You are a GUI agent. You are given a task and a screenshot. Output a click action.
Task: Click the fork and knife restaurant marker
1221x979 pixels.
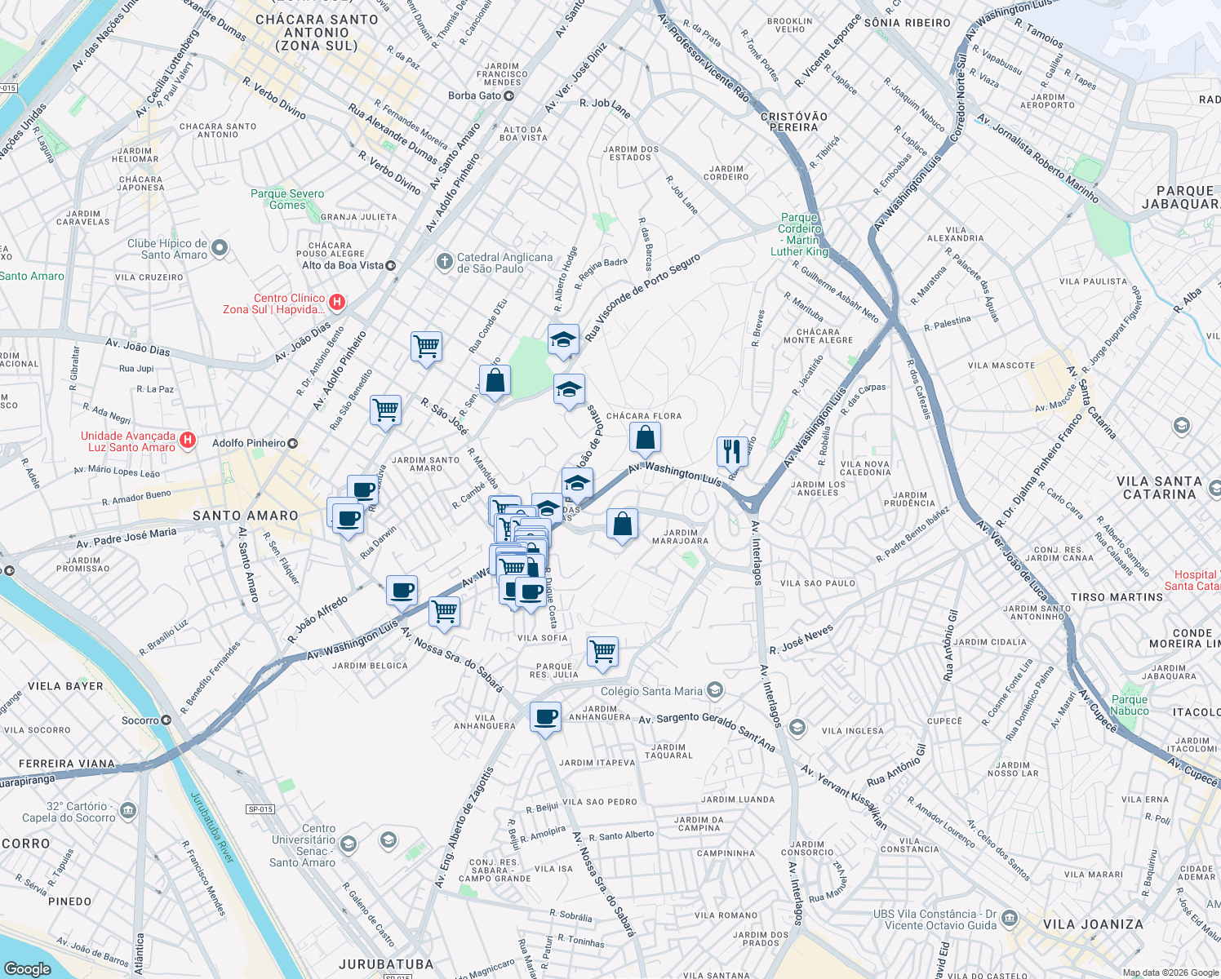(732, 451)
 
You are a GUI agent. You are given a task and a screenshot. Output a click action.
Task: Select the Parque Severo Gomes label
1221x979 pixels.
(287, 199)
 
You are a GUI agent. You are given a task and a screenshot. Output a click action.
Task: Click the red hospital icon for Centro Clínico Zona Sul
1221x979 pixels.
(336, 303)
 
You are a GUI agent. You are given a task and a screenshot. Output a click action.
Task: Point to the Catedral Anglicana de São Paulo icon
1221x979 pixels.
(444, 262)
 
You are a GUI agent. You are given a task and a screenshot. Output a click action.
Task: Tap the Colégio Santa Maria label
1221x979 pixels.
(651, 691)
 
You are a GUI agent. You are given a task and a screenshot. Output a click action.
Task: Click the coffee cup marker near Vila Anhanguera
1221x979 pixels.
(545, 719)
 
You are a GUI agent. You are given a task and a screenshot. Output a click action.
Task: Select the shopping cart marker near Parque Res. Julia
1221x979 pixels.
(602, 653)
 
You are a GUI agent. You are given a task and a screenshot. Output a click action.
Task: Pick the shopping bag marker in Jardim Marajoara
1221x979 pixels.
(622, 525)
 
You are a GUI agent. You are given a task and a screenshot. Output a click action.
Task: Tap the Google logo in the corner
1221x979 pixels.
(27, 968)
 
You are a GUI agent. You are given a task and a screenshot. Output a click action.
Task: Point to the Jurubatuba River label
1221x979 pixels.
(212, 827)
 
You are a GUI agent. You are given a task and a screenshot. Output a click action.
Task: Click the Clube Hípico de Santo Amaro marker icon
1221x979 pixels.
(219, 250)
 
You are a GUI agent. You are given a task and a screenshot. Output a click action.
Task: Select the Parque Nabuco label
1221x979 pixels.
(1130, 705)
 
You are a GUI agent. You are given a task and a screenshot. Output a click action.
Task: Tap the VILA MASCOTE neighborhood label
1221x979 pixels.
(1001, 365)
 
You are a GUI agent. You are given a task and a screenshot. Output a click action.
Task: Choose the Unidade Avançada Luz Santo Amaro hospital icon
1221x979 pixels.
(188, 441)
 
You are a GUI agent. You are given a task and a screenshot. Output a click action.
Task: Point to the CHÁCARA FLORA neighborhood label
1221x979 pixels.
(643, 416)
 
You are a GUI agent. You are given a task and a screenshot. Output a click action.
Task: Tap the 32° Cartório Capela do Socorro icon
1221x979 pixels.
(128, 811)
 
